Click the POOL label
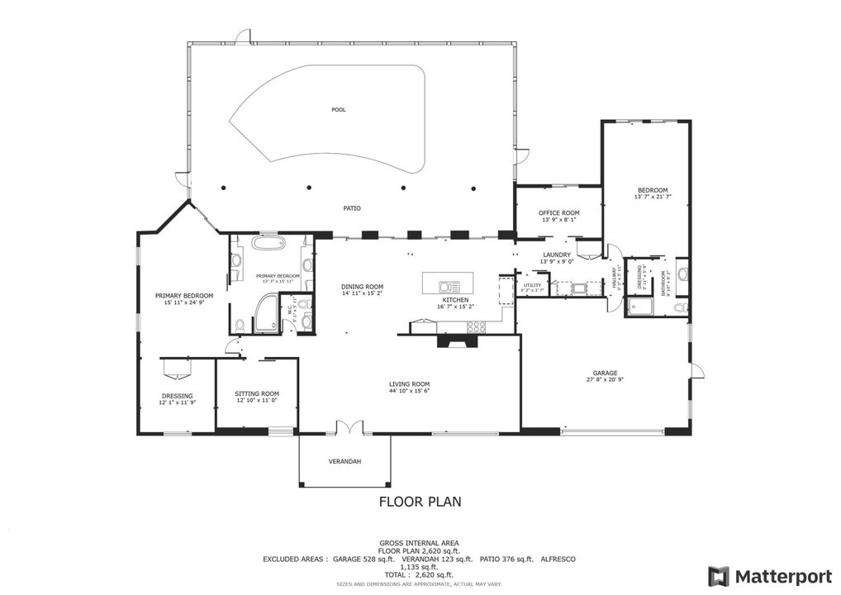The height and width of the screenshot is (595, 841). (339, 109)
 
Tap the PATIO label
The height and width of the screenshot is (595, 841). (353, 208)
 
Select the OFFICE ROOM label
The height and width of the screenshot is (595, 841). (559, 213)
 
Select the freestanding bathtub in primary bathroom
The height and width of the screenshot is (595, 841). (268, 245)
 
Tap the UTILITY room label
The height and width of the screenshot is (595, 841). (531, 285)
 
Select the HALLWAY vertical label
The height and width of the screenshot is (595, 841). (614, 277)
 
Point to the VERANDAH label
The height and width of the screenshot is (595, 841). (344, 461)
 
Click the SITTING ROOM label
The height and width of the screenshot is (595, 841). (256, 393)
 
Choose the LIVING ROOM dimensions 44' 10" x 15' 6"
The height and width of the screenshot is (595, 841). (410, 391)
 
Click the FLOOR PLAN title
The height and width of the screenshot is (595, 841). (420, 501)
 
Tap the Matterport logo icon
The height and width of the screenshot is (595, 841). (719, 575)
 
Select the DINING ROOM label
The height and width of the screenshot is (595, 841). (363, 287)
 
